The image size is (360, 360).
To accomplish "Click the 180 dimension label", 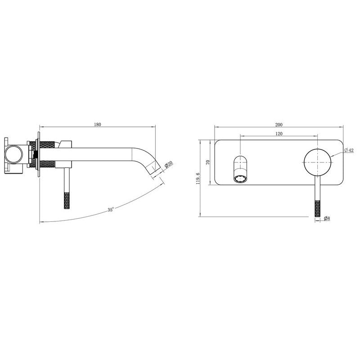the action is pos(98,125).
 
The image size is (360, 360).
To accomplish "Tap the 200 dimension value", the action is pos(279,125).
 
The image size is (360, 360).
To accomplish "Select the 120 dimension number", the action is pos(279,134).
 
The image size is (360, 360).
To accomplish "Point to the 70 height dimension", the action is pos(208,162).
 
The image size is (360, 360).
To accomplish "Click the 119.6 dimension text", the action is pos(198,179).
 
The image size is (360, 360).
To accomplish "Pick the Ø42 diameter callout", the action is pos(349,150).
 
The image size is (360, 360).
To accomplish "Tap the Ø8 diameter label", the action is pos(327,218).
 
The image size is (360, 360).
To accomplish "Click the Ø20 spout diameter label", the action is pos(169,164).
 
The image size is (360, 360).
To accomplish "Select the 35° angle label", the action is pos(111,210).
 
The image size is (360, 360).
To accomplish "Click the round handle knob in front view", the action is pos(318,162).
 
